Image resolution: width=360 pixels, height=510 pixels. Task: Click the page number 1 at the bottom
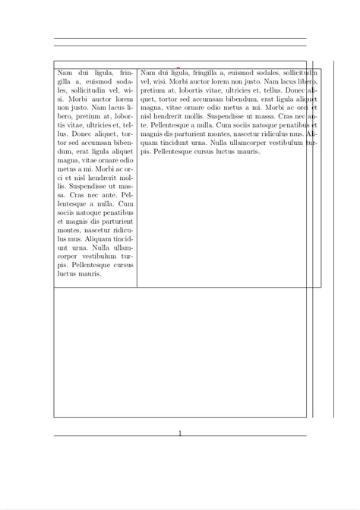coord(180,433)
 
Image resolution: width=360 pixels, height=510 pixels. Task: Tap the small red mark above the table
coord(178,68)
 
